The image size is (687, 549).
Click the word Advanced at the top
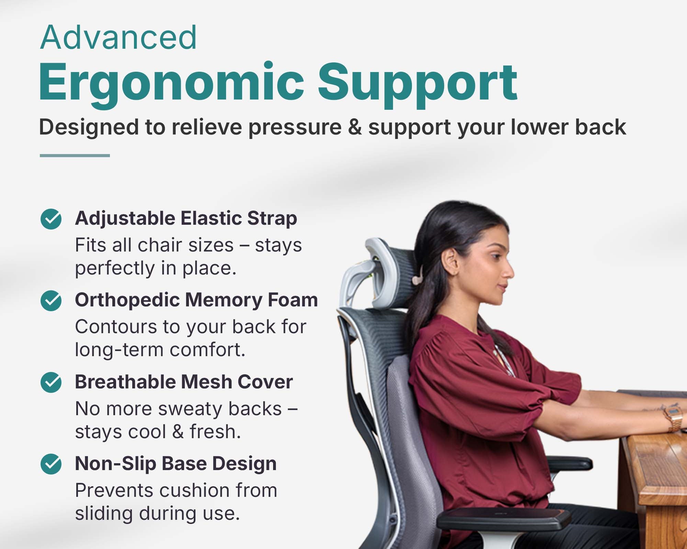[119, 37]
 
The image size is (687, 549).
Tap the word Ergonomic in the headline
[172, 84]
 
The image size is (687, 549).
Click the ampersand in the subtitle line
[355, 127]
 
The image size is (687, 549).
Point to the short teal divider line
[75, 155]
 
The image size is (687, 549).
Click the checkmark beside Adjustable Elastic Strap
[51, 219]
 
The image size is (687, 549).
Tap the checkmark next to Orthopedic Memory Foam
[51, 301]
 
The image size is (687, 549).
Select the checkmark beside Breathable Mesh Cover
[51, 382]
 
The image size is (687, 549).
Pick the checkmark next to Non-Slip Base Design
[51, 464]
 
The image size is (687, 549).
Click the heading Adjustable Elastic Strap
[186, 219]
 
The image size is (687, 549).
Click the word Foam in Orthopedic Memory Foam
[293, 300]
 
